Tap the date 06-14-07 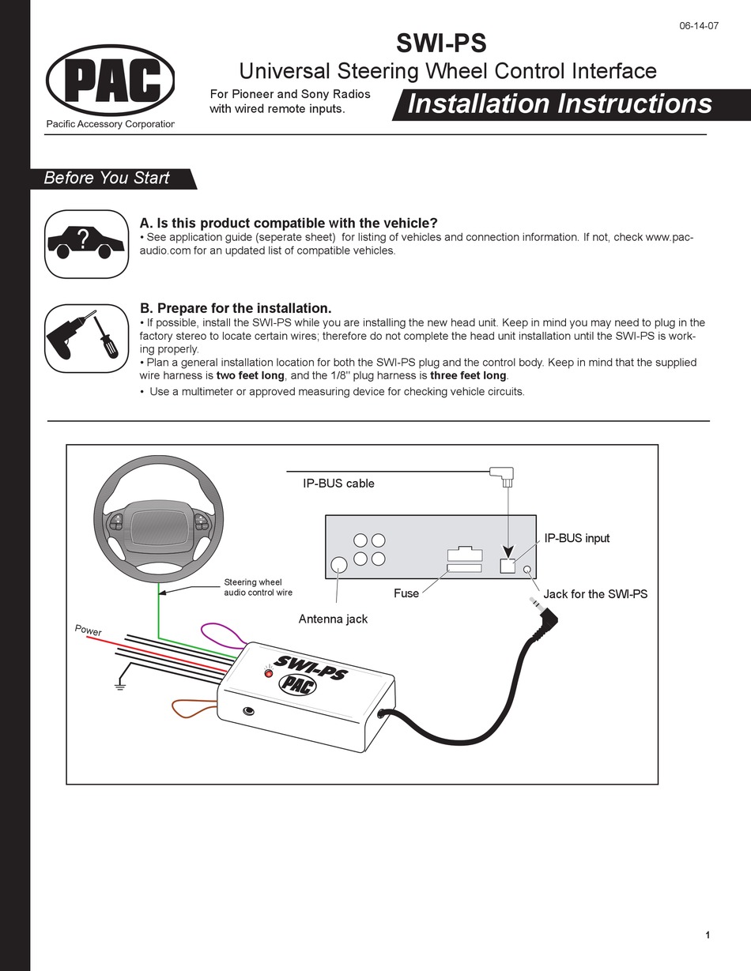point(699,24)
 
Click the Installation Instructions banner point(559,103)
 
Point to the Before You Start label point(107,178)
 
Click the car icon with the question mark point(86,243)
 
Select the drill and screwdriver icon point(86,337)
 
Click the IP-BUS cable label point(338,483)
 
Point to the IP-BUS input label point(577,538)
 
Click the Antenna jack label point(333,619)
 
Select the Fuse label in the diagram point(406,593)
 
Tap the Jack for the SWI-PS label point(595,594)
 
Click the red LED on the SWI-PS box point(268,672)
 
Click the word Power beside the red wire point(88,630)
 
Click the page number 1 point(707,936)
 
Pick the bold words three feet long point(468,375)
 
